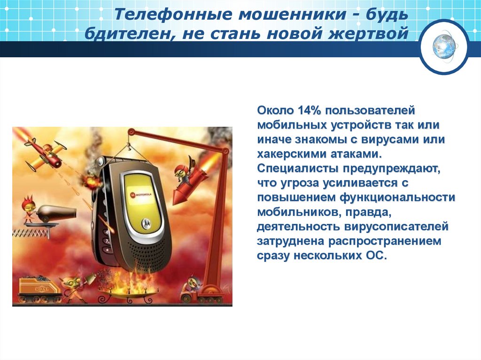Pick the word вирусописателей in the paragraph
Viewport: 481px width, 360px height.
[x=395, y=227]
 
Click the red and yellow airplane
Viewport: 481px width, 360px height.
[x=45, y=153]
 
